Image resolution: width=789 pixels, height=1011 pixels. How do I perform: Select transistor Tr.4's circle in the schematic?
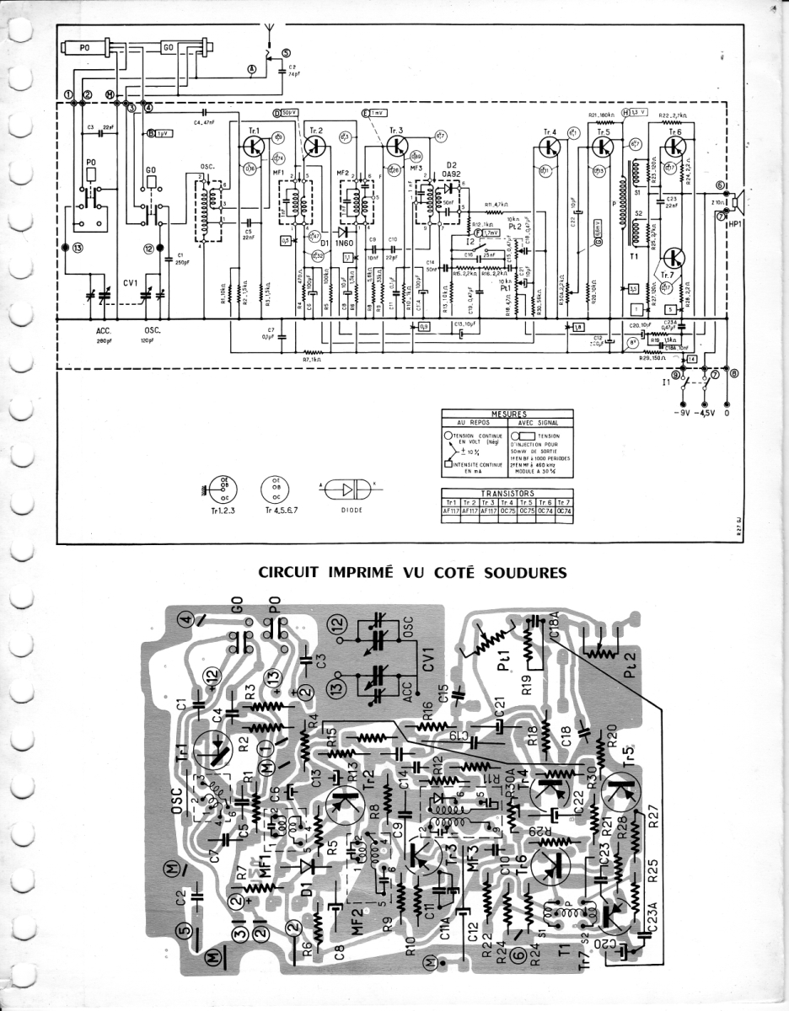point(550,147)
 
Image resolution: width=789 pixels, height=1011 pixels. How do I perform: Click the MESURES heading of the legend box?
point(507,414)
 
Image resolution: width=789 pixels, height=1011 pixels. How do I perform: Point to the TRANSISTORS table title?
point(507,494)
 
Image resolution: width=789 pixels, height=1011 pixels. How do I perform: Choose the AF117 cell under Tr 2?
point(470,510)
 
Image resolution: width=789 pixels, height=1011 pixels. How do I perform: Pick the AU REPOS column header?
point(473,422)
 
